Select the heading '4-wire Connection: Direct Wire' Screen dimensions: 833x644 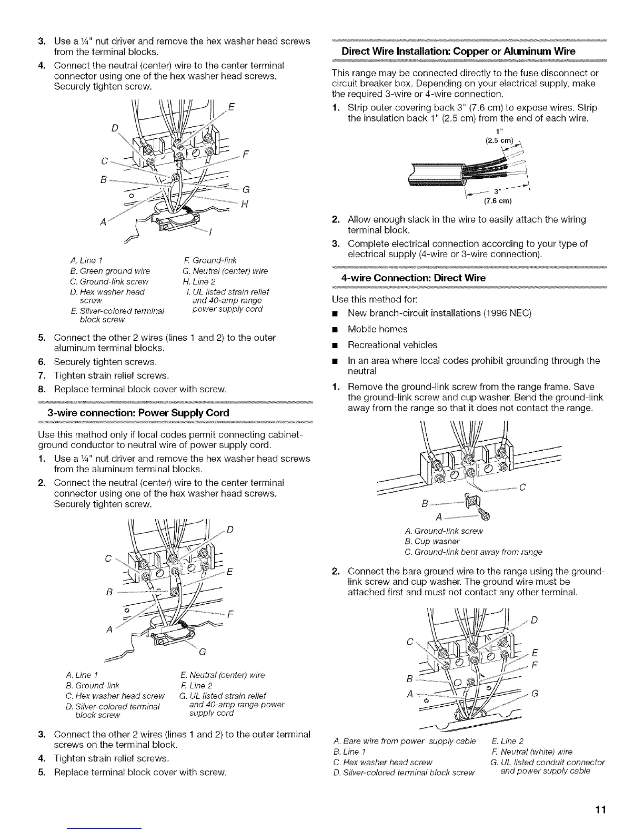[x=413, y=278]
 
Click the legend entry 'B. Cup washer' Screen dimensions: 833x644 [x=432, y=542]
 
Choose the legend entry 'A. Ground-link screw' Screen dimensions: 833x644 [x=444, y=531]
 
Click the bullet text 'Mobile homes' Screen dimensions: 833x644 [x=377, y=329]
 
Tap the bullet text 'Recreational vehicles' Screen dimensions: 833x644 [x=393, y=345]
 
